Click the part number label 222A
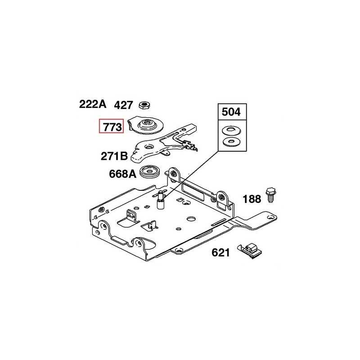pyautogui.click(x=93, y=104)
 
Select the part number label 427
pyautogui.click(x=123, y=105)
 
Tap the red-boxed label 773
pyautogui.click(x=111, y=126)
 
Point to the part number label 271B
pyautogui.click(x=114, y=156)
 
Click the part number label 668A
pyautogui.click(x=122, y=174)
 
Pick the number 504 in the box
pyautogui.click(x=231, y=112)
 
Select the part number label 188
pyautogui.click(x=252, y=199)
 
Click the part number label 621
pyautogui.click(x=220, y=252)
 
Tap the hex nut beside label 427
pyautogui.click(x=144, y=105)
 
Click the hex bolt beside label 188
pyautogui.click(x=271, y=195)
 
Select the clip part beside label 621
pyautogui.click(x=250, y=251)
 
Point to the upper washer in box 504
pyautogui.click(x=232, y=131)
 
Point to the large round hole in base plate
pyautogui.click(x=191, y=218)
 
